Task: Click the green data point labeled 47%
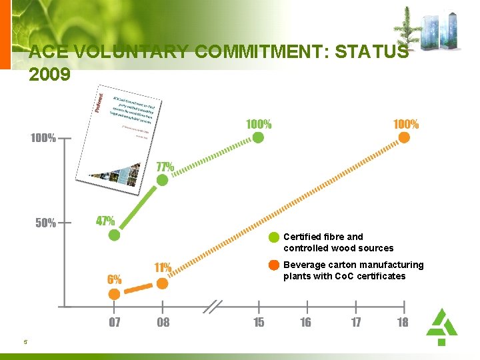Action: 115,235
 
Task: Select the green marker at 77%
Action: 162,180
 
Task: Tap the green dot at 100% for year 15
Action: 258,137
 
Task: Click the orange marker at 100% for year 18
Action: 403,137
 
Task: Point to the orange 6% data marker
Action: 115,293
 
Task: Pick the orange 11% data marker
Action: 162,283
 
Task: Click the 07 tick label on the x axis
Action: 115,323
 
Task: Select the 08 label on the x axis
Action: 163,323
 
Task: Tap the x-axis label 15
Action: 258,323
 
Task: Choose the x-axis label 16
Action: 305,323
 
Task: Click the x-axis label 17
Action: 356,323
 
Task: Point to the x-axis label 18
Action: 403,323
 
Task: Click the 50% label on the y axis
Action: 45,223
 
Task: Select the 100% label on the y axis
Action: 43,139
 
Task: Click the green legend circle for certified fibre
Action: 273,237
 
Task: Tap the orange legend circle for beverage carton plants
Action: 273,265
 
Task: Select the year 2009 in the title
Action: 49,74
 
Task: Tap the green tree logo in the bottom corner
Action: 441,326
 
